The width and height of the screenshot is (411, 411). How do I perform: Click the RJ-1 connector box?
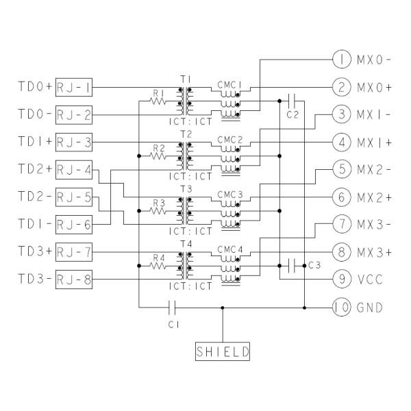(76, 87)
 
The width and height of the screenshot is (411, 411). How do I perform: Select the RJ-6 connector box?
(76, 225)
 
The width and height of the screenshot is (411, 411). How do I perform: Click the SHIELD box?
(223, 352)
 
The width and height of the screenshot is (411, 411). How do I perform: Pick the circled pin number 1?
(340, 60)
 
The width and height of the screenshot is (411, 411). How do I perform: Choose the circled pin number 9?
(340, 279)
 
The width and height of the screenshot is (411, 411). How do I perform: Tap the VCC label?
(369, 279)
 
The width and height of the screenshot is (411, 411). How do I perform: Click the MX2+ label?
(373, 197)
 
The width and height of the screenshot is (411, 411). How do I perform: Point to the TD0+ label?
(35, 87)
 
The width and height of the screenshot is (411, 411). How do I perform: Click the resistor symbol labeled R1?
(159, 101)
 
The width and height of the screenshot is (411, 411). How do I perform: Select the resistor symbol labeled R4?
(159, 265)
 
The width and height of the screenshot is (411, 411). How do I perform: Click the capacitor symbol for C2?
(292, 101)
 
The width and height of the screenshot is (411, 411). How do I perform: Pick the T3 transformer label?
(184, 188)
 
